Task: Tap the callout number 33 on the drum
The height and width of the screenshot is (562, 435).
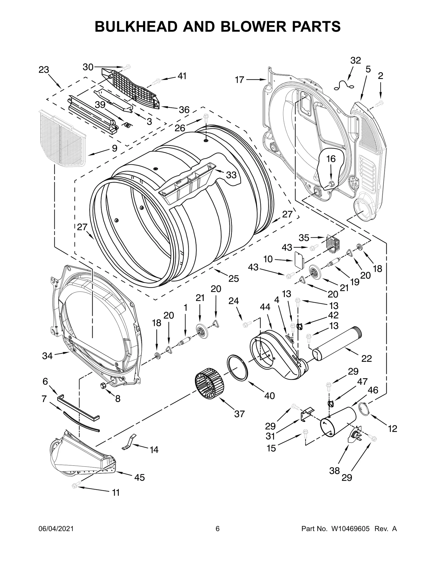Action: [x=231, y=175]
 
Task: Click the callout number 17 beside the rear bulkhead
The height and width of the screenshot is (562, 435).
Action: [x=240, y=80]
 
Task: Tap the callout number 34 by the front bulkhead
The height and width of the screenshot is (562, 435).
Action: [x=47, y=356]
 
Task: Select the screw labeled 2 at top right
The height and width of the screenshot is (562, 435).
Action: [x=380, y=103]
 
